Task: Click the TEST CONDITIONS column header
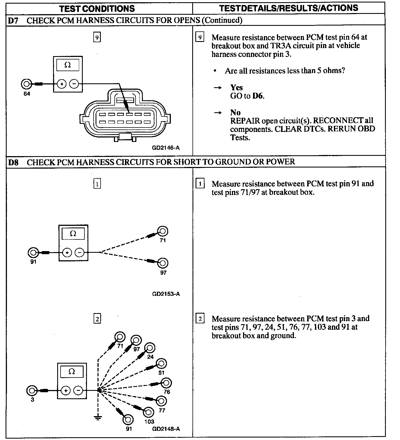click(x=97, y=8)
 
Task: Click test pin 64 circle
click(x=26, y=84)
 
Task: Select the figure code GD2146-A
click(x=166, y=148)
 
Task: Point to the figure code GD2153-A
click(x=166, y=294)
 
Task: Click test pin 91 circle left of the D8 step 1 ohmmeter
click(x=33, y=252)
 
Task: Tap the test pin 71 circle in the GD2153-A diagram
click(x=162, y=231)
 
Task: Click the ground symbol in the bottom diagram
click(x=98, y=417)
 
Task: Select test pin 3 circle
click(x=32, y=391)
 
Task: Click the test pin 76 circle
click(x=166, y=383)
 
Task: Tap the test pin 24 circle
click(x=150, y=348)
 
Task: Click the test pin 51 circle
click(x=161, y=363)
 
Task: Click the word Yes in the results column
click(x=236, y=87)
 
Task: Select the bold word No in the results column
click(x=235, y=112)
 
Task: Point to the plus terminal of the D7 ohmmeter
click(x=62, y=84)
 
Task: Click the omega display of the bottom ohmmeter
click(x=72, y=372)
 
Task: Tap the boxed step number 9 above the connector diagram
click(x=97, y=37)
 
